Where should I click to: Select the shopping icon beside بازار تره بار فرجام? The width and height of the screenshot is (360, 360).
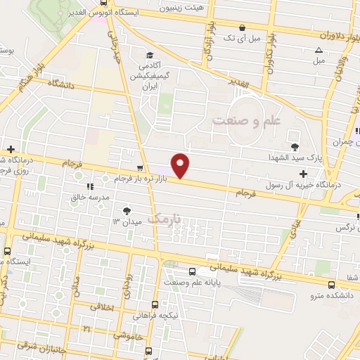pos(140,169)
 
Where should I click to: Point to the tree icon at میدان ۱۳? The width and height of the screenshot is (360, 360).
pos(127,210)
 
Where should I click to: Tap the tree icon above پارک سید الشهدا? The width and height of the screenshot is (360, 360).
pos(294,146)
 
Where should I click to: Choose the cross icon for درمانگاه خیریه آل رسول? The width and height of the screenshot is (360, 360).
pos(303,174)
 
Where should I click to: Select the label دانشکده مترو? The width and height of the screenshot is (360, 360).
pos(332,296)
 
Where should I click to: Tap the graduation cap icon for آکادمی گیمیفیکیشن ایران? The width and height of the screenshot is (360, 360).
pos(148,56)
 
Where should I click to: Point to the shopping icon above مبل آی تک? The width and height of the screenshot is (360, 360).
pos(243,28)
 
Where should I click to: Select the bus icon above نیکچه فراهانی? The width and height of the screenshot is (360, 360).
pos(155,304)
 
